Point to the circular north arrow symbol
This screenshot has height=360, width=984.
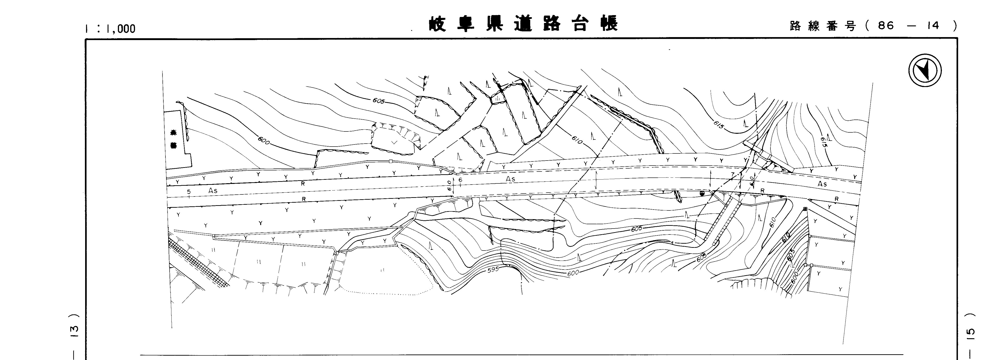pyautogui.click(x=925, y=71)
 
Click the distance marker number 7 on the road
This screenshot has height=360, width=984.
pyautogui.click(x=732, y=175)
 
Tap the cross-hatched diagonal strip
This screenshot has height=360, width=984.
pyautogui.click(x=199, y=264)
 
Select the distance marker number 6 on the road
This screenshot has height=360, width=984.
pyautogui.click(x=460, y=179)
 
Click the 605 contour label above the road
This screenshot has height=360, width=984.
pyautogui.click(x=379, y=101)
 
